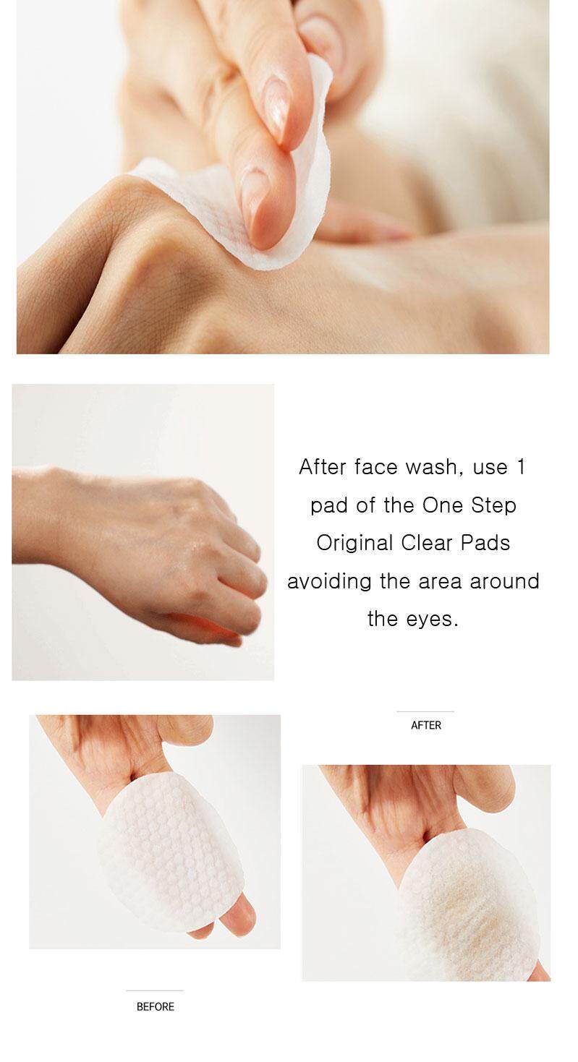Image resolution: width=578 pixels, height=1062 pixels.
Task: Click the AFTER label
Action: [425, 725]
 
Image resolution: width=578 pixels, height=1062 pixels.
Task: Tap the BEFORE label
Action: [156, 1006]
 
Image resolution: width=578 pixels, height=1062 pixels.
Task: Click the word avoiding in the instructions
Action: [329, 581]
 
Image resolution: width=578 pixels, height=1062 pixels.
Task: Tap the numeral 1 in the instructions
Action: [521, 467]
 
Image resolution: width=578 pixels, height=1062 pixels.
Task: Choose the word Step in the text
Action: [493, 505]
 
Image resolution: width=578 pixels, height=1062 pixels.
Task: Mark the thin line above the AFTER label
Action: [425, 711]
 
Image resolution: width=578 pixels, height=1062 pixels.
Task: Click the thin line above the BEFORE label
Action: [155, 990]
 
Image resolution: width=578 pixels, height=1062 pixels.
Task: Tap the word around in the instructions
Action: [504, 581]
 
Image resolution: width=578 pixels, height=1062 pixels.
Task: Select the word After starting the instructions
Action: [323, 467]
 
